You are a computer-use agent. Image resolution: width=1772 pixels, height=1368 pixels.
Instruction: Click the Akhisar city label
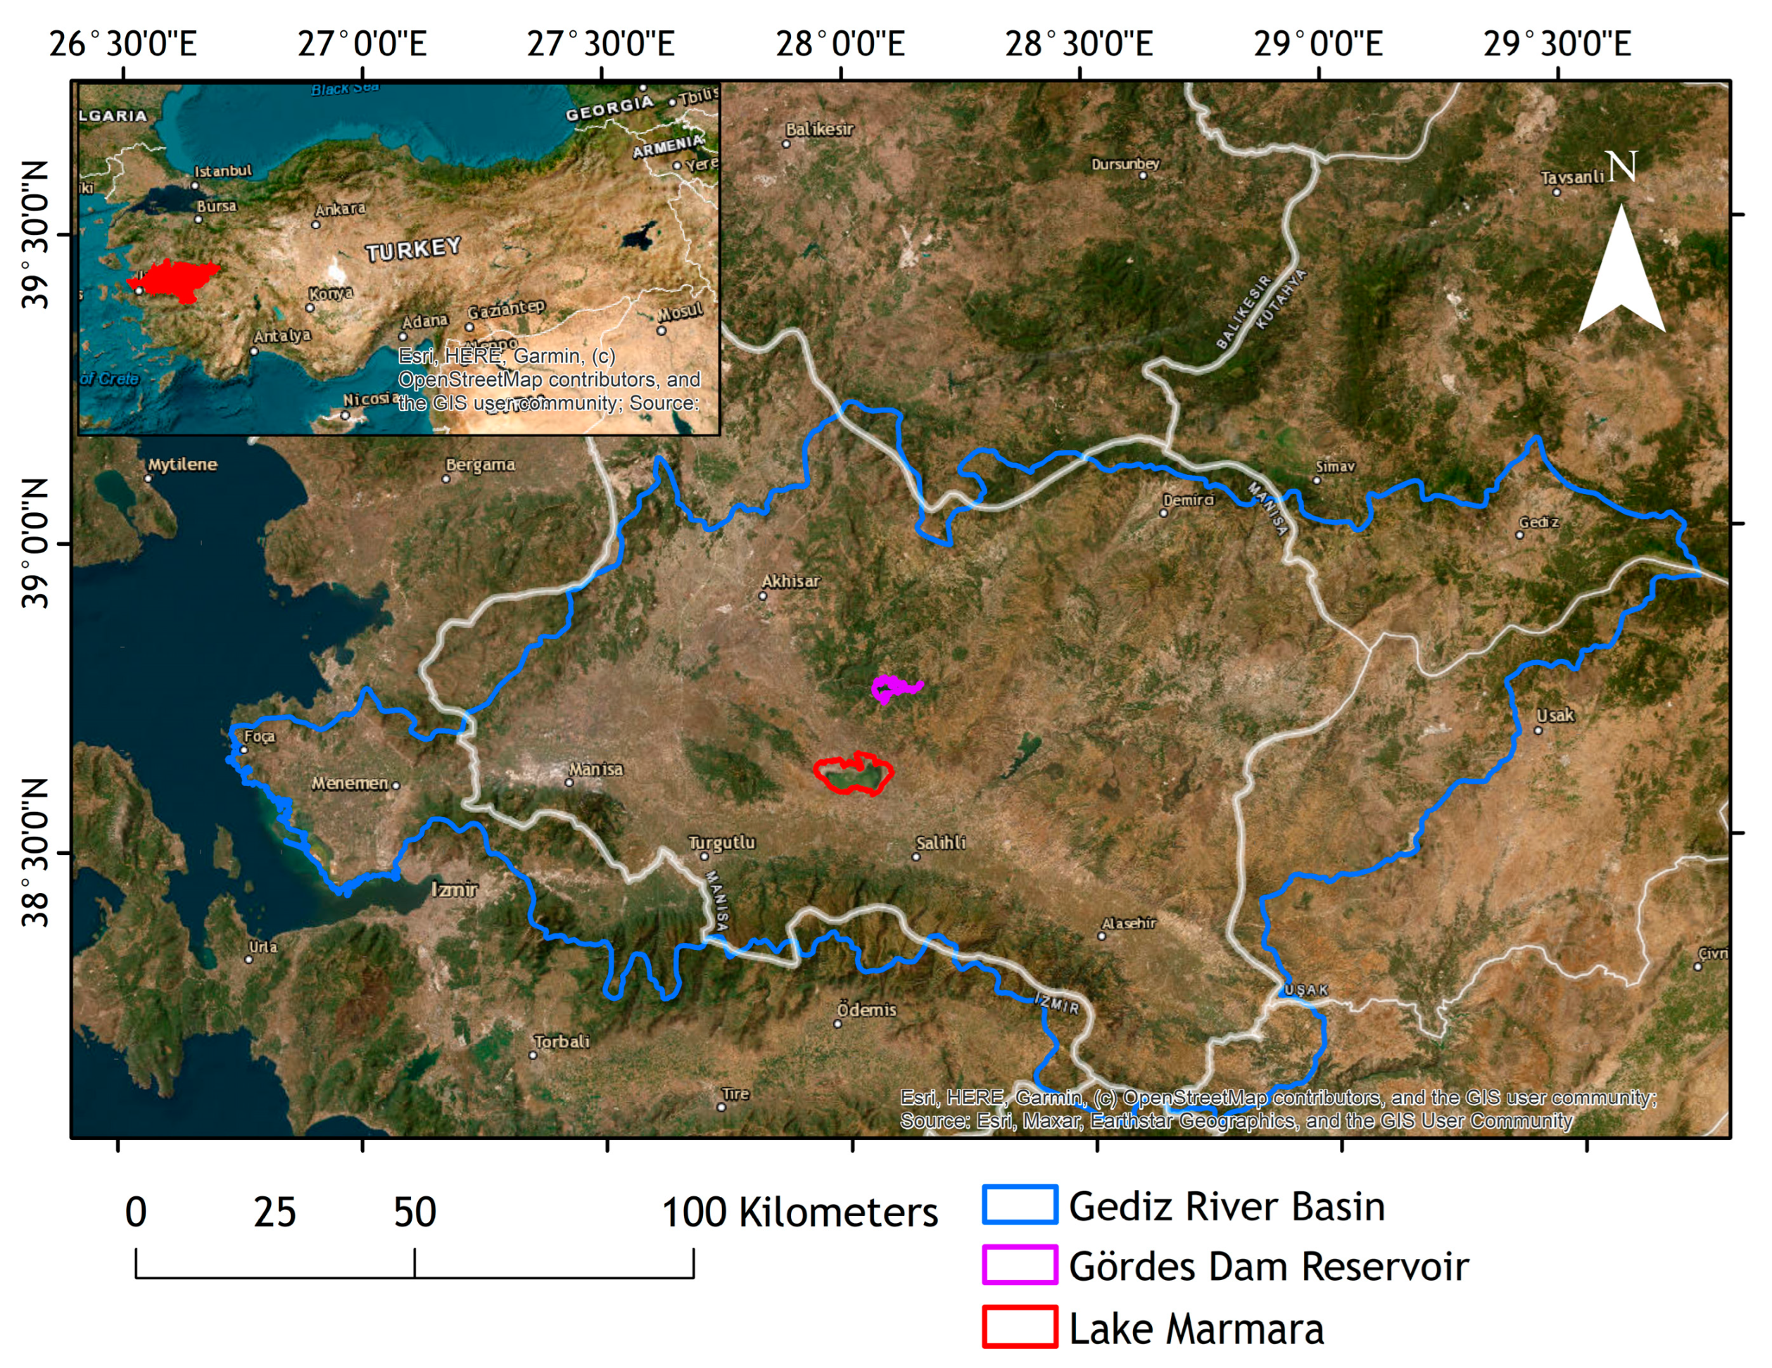790,581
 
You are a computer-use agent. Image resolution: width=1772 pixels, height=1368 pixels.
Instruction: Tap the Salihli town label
940,843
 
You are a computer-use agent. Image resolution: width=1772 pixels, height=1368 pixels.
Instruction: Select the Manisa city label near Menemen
595,768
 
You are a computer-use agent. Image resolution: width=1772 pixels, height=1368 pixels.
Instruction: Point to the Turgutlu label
721,842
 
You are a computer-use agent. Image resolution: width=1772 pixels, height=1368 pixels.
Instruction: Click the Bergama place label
481,465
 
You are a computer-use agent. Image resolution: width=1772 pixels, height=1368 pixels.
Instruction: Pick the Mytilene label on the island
182,464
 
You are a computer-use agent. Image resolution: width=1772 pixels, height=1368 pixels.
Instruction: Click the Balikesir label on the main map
818,129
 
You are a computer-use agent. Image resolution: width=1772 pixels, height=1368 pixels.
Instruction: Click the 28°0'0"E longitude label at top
840,44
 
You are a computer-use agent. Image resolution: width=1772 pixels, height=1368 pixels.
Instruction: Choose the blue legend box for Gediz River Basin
1019,1205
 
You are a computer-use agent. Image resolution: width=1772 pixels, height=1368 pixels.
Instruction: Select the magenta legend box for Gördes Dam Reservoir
1019,1266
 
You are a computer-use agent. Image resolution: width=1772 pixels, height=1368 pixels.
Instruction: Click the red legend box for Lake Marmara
1019,1327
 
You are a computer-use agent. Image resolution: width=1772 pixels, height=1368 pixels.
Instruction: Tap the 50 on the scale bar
414,1212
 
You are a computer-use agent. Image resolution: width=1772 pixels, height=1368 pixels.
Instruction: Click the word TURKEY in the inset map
413,249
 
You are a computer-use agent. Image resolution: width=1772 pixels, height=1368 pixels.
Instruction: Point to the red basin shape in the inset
175,281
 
